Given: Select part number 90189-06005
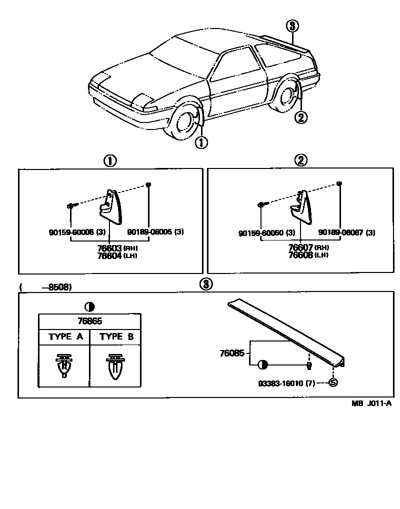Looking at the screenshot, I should tap(149, 232).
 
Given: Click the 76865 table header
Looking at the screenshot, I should tap(90, 321).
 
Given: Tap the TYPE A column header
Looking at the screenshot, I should tap(65, 336).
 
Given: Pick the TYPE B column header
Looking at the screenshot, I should tap(116, 336).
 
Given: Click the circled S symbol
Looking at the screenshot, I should tap(333, 383).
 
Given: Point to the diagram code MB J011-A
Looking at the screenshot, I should tap(370, 404).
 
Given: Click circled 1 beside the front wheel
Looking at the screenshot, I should tap(201, 142).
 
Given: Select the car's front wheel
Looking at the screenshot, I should tap(184, 124).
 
